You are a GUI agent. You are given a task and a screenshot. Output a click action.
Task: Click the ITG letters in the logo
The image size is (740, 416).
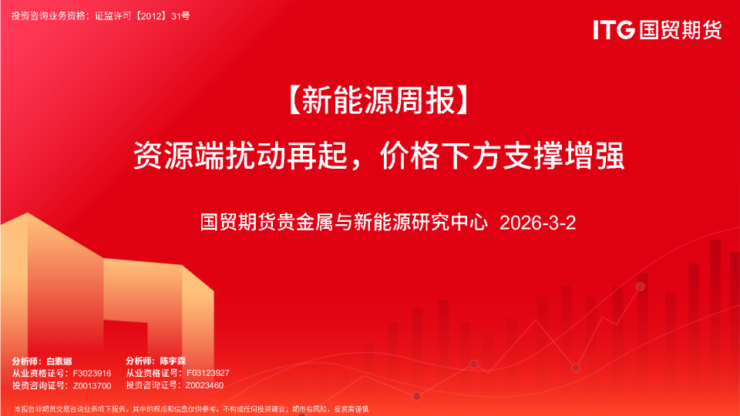[x=614, y=30]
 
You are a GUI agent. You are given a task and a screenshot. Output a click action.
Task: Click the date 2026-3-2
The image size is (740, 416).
[x=537, y=223]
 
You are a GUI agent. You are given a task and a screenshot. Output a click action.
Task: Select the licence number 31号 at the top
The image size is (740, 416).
[x=180, y=15]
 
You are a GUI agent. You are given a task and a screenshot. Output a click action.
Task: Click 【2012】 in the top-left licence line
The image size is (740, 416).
[x=151, y=15]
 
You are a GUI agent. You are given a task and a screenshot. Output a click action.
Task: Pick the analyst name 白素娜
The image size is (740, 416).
[x=59, y=361]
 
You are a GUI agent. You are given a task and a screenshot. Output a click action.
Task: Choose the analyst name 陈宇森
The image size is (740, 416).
[x=173, y=361]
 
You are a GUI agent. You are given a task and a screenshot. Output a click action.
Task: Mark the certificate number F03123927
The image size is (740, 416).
[x=207, y=373]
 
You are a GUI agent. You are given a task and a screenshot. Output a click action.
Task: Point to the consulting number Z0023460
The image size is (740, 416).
[x=204, y=385]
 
